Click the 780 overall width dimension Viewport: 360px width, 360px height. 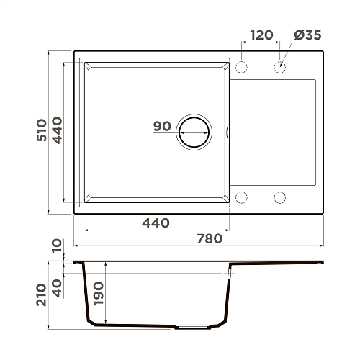tap(210, 239)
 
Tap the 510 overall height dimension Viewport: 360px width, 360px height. tap(42, 130)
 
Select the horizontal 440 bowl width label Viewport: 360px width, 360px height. tap(156, 223)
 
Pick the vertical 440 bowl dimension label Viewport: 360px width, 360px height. tap(57, 130)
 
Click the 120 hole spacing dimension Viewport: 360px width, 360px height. tap(261, 35)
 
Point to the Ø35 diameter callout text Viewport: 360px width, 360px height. tap(307, 35)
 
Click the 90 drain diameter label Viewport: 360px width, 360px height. tap(162, 126)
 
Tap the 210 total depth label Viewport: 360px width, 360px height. tap(41, 294)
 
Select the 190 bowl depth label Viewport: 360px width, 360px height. tap(99, 294)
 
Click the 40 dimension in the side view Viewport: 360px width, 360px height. tap(57, 288)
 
